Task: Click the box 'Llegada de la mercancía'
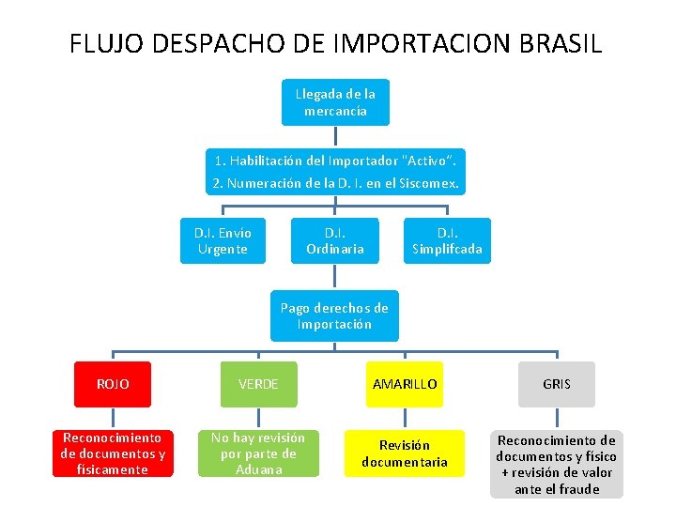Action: tap(335, 102)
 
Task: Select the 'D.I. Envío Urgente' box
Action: tap(223, 240)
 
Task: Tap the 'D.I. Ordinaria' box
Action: tap(335, 240)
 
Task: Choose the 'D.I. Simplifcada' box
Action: tap(447, 240)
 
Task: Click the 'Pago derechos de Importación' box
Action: tap(334, 316)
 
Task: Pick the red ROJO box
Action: tap(113, 384)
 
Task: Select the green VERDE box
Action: tap(258, 384)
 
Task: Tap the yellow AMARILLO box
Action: tap(405, 384)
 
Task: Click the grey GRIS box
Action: tap(556, 384)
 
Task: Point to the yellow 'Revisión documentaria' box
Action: tap(405, 453)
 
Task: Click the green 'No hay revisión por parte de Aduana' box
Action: tap(258, 453)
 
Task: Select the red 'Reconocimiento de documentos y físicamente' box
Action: tap(113, 453)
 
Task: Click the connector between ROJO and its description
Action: tap(113, 419)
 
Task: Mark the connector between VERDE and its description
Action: tap(258, 419)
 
